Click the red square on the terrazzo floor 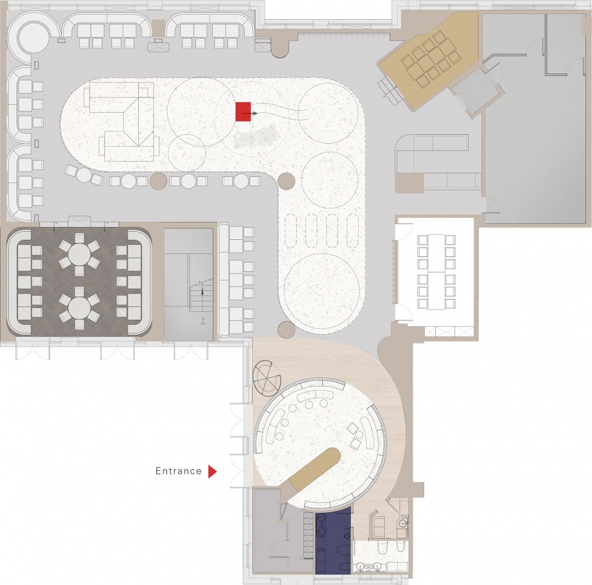click(244, 112)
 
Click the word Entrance click(179, 471)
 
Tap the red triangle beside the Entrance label click(213, 472)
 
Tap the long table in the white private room click(436, 272)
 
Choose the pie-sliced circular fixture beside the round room click(267, 377)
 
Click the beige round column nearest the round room click(286, 329)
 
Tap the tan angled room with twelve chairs click(430, 60)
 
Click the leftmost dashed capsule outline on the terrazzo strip click(292, 230)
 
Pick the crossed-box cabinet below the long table click(448, 332)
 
